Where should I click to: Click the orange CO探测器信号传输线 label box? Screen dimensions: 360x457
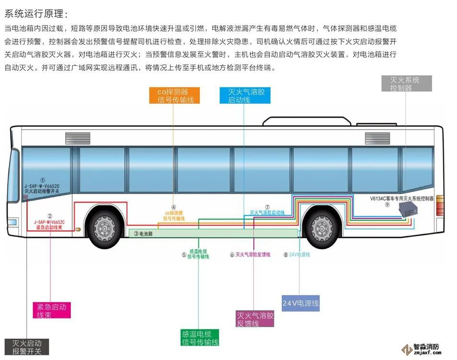172,96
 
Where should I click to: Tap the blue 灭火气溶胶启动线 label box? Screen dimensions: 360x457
245,96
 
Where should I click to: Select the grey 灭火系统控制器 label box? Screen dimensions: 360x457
406,84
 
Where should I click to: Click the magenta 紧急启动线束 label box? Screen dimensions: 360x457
51,310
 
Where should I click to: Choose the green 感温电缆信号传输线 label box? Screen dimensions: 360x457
200,338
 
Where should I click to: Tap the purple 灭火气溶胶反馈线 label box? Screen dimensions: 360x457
255,319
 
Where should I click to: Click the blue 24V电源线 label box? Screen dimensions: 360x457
301,303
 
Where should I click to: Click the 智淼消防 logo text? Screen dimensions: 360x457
426,348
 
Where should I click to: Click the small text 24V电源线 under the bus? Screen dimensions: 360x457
300,255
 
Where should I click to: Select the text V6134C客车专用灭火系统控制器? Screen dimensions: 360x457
401,198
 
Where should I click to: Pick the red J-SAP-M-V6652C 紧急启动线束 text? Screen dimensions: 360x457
49,225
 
